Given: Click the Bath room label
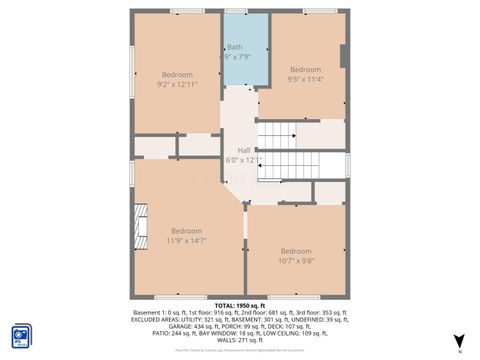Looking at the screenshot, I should click(234, 47).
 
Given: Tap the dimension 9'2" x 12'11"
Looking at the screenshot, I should click(177, 84).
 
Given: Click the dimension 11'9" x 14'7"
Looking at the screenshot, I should click(186, 240).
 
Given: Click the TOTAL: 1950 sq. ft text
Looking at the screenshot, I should click(239, 304).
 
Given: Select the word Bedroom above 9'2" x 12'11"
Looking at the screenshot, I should click(177, 74).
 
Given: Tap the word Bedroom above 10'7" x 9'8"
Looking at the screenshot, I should click(296, 250).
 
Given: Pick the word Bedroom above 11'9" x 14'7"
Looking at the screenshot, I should click(186, 231).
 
